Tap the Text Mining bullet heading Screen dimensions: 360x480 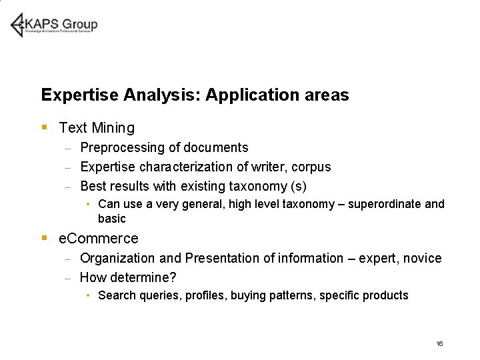tap(97, 128)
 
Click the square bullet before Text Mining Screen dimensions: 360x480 tap(44, 127)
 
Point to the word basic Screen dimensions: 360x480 tap(111, 219)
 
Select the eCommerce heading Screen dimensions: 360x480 tap(99, 239)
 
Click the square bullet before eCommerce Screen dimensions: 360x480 tap(44, 237)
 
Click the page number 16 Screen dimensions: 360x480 tap(439, 343)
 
